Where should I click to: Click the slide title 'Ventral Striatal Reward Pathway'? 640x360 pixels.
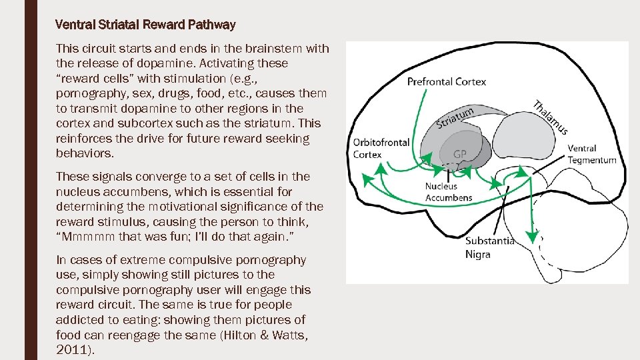146,25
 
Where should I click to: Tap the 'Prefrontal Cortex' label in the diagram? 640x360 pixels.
447,82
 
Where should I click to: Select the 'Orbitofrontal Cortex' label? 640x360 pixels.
381,148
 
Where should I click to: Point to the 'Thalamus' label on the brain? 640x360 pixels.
550,118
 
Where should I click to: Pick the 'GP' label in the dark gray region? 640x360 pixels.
460,154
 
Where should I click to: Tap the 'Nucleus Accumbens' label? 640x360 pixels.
449,192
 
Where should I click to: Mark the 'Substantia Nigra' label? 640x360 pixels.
490,247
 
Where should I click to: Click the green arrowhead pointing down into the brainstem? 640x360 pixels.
531,236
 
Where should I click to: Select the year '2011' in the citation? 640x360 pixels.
71,349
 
